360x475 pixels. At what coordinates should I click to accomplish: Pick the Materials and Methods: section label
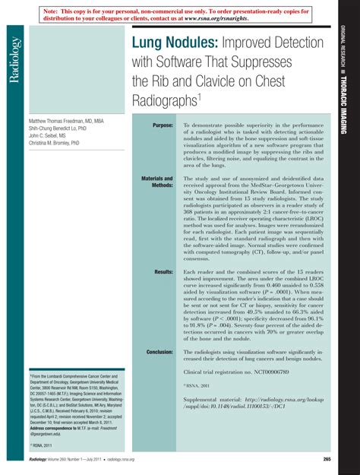157,182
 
